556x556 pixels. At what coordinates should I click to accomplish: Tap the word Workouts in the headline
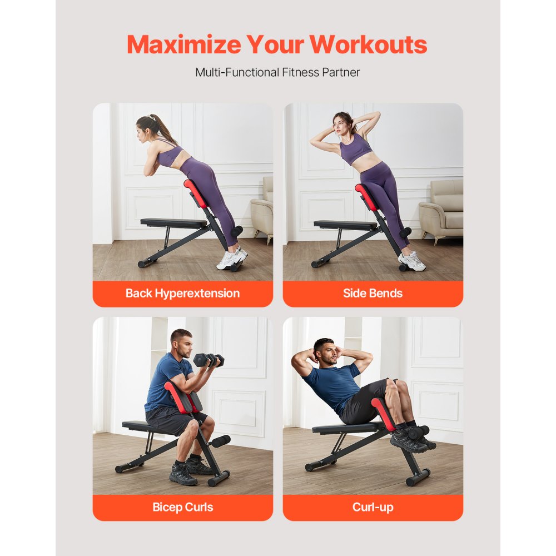(x=369, y=44)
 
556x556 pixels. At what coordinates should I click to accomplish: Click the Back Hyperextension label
(x=182, y=294)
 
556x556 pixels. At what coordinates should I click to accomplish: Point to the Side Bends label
(x=373, y=294)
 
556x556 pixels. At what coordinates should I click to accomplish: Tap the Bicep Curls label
(x=182, y=507)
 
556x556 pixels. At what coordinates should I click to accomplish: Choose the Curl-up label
(x=373, y=507)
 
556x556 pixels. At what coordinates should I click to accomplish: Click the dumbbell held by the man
(x=209, y=360)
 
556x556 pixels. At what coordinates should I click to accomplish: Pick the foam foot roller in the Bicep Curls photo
(x=219, y=441)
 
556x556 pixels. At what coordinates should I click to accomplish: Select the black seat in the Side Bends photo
(x=345, y=225)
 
